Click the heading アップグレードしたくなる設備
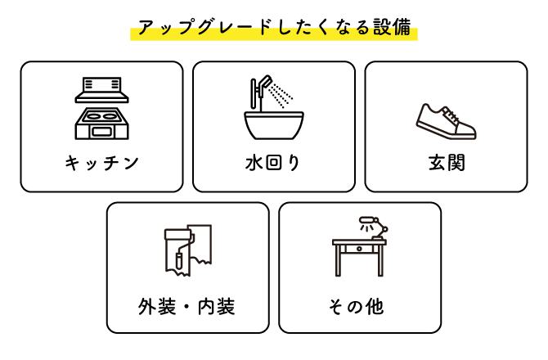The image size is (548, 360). (x=274, y=27)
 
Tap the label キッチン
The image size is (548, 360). (x=101, y=163)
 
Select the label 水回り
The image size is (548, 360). (x=273, y=163)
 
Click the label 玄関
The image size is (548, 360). (x=447, y=163)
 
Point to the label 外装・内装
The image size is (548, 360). (x=186, y=307)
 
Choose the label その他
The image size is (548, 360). (x=356, y=307)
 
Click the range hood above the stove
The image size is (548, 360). (x=101, y=90)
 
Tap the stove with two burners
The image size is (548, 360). (x=101, y=124)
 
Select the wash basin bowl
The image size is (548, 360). (x=274, y=125)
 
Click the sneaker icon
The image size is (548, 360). (x=447, y=121)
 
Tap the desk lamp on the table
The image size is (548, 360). (x=374, y=227)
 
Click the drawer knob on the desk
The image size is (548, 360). (x=359, y=249)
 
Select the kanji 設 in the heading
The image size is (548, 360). (x=382, y=27)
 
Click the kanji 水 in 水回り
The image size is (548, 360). (x=254, y=163)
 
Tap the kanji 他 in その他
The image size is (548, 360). (x=375, y=307)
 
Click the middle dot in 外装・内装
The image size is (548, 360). (x=186, y=307)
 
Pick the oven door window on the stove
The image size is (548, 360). (x=101, y=132)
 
